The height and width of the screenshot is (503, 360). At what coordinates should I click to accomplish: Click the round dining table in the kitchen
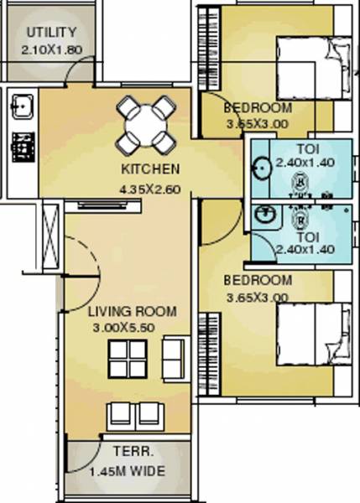145,124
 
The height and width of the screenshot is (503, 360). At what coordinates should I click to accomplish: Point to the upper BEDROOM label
258,108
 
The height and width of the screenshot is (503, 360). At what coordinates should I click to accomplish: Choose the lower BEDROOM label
258,280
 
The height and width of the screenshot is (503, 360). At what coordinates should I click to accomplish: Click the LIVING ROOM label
133,311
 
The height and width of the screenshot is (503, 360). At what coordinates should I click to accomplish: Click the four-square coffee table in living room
128,358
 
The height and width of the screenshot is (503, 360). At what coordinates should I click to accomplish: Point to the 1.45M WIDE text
128,471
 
